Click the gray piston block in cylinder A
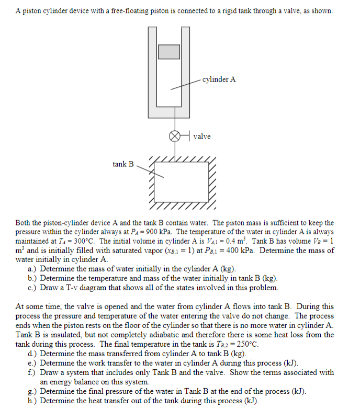169,52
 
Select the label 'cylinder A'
219,79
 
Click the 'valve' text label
202,137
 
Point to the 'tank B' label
123,164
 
